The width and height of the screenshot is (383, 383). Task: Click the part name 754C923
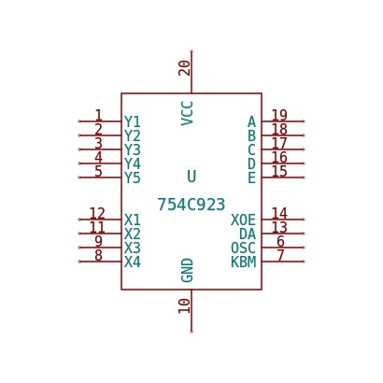pos(191,205)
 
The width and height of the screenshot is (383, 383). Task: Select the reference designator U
pos(191,177)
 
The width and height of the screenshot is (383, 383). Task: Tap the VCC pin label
pos(188,113)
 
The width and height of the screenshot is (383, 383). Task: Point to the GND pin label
pos(188,270)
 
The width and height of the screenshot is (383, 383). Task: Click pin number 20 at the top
pos(184,68)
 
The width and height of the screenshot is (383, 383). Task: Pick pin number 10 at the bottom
pos(184,306)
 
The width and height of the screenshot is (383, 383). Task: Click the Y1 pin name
pos(133,121)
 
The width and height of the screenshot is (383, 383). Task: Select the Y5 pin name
pos(133,177)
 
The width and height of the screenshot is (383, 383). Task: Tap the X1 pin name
pos(133,220)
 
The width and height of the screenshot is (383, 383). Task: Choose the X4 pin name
pos(133,262)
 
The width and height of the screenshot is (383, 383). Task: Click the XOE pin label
pos(243,220)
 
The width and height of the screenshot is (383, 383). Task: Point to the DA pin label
pos(248,234)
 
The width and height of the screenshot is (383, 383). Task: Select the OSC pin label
pos(243,248)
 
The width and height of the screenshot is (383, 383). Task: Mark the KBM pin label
pos(243,262)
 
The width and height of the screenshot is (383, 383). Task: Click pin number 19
pos(279,115)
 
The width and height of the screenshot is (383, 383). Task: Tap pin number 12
pos(97,213)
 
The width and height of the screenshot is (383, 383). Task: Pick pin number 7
pos(280,255)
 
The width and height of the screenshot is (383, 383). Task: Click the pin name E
pos(251,177)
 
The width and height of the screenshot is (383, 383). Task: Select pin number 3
pos(98,143)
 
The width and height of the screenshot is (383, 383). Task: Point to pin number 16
pos(279,157)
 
